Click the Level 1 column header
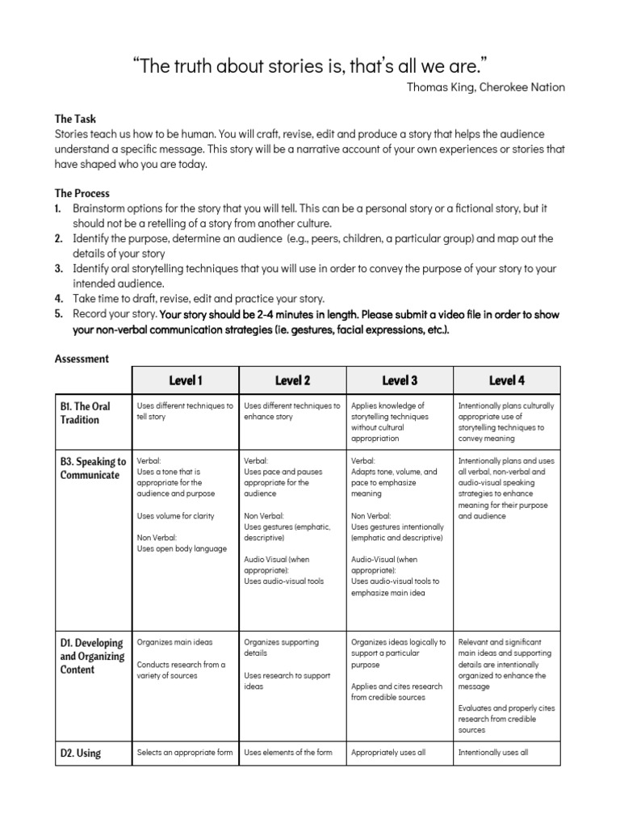click(x=185, y=380)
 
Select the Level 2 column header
click(x=292, y=380)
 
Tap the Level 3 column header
click(x=400, y=380)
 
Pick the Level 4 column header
click(x=506, y=380)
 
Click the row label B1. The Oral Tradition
click(x=85, y=413)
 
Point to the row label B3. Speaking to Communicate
click(x=93, y=468)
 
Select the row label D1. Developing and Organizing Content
click(x=91, y=656)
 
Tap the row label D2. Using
click(x=80, y=754)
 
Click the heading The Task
click(x=75, y=118)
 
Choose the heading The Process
click(x=82, y=194)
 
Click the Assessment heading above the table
click(x=81, y=358)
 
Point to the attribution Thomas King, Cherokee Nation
click(x=487, y=87)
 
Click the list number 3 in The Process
click(x=59, y=268)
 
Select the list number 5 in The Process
click(x=59, y=313)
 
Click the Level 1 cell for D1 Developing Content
click(x=185, y=658)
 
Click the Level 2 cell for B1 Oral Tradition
click(x=292, y=411)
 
